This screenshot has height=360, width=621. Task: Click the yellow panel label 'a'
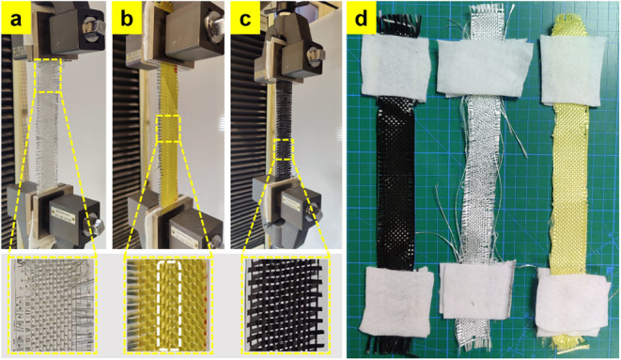(x=16, y=18)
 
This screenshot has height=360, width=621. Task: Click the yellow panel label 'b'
(x=128, y=18)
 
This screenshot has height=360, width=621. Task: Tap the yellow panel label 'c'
(x=245, y=18)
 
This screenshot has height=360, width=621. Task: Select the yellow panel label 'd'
(x=361, y=18)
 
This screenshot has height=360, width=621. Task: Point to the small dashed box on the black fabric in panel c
(x=283, y=149)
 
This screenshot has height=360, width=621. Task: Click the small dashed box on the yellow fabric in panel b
(x=168, y=129)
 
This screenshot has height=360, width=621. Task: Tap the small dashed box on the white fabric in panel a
(x=48, y=75)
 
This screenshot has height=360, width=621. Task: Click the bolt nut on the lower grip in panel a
(x=92, y=224)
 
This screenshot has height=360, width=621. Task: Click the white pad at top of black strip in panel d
(x=395, y=68)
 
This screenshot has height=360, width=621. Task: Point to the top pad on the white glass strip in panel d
(x=483, y=68)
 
